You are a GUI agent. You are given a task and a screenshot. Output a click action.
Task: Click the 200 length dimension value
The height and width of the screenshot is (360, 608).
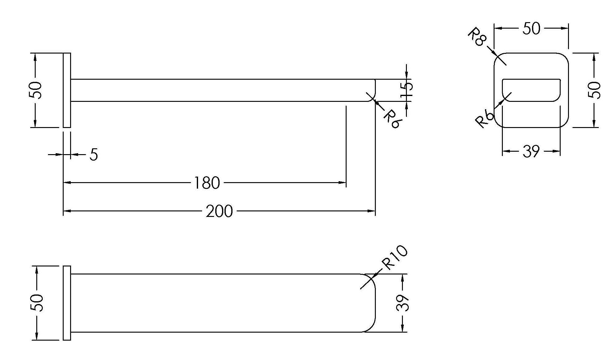click(219, 211)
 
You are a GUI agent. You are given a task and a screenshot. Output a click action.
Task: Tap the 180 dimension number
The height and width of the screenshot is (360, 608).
click(207, 183)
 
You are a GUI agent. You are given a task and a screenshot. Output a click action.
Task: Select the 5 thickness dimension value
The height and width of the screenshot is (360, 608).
click(94, 154)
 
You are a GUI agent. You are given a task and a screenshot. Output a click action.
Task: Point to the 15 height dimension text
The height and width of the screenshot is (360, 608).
click(407, 90)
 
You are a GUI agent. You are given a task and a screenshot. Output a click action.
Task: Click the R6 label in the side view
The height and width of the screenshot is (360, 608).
click(392, 119)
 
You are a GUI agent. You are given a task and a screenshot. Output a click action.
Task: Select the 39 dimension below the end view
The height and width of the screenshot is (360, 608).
click(531, 151)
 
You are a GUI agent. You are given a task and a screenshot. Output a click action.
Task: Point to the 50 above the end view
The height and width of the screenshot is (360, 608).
click(531, 29)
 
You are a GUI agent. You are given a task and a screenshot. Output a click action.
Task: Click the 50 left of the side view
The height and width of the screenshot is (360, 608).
click(35, 90)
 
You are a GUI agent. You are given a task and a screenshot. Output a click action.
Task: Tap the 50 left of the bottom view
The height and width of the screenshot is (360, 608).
click(37, 303)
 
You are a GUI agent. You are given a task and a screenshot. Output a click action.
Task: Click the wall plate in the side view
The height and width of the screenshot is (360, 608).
click(67, 90)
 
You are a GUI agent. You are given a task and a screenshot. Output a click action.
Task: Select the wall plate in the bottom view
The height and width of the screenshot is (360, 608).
click(67, 303)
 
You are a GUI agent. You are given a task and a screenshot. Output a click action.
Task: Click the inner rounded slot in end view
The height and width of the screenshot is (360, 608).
click(531, 90)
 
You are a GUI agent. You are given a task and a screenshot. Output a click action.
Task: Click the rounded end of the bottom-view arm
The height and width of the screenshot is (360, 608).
click(371, 303)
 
